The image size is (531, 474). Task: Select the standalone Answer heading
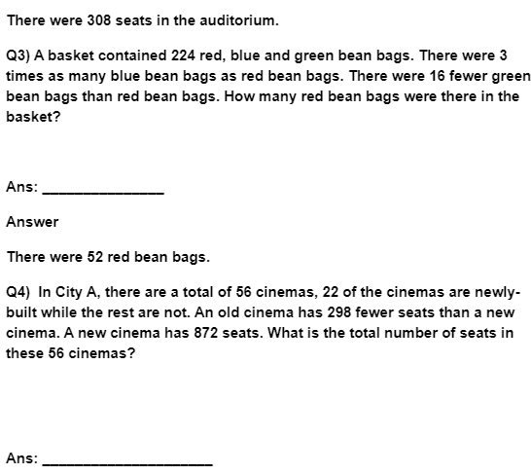coord(32,222)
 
